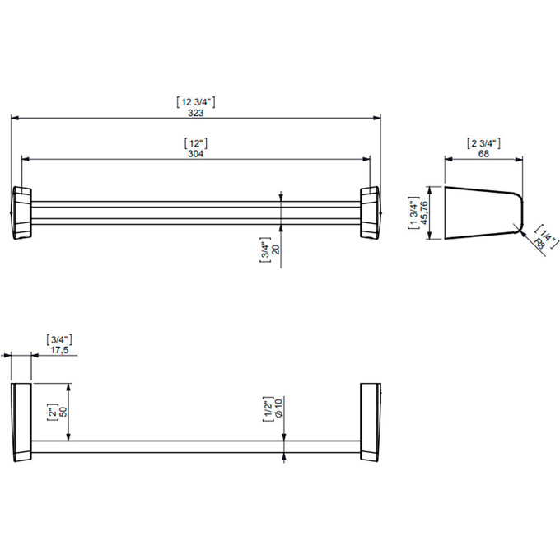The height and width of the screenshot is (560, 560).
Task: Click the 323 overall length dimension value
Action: (196, 113)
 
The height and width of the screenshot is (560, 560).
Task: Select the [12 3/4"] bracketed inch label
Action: (196, 102)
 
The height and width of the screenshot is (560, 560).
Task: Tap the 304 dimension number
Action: (196, 153)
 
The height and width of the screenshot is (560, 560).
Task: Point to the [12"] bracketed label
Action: (196, 143)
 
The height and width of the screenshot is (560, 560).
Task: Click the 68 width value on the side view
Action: (483, 153)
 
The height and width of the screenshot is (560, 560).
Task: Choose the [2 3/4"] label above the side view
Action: (483, 143)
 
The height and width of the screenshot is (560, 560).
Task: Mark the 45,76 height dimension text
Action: (424, 212)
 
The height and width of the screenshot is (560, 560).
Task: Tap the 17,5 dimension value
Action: (59, 350)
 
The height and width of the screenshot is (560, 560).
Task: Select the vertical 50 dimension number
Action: (63, 412)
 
